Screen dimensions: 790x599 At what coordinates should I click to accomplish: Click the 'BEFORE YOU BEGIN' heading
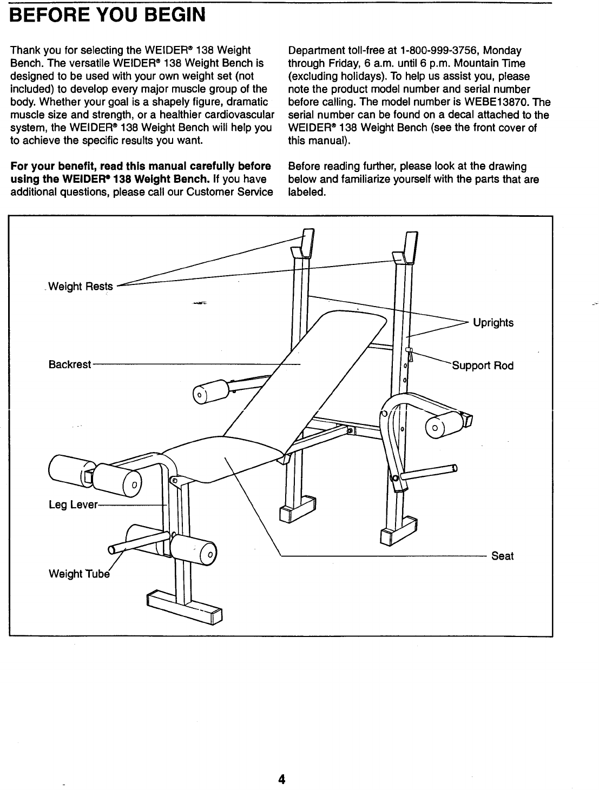click(107, 15)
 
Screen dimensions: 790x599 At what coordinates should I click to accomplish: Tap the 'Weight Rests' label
click(81, 287)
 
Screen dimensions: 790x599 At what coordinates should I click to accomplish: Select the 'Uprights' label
click(493, 323)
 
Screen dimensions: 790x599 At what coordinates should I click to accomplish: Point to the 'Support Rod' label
click(483, 366)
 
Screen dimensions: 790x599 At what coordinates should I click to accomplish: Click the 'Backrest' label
click(69, 364)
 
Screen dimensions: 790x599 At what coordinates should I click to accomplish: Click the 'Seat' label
click(502, 556)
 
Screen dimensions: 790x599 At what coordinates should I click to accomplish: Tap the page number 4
click(281, 779)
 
